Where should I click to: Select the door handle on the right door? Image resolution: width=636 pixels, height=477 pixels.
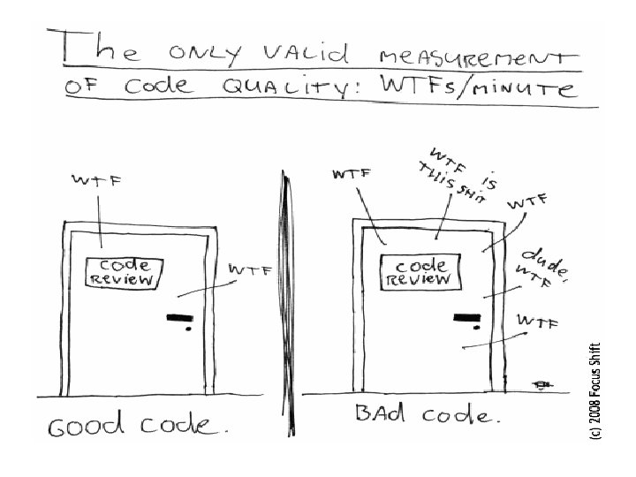pyautogui.click(x=466, y=318)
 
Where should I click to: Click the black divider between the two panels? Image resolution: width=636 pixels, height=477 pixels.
pyautogui.click(x=284, y=309)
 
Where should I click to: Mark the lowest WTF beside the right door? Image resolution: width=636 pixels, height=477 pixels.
pyautogui.click(x=538, y=323)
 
